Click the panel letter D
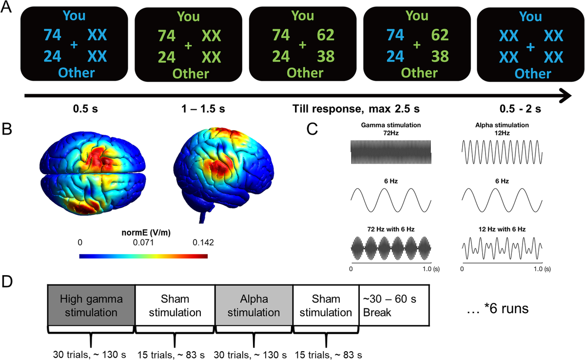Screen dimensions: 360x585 click(8, 283)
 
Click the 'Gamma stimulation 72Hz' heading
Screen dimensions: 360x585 click(391, 129)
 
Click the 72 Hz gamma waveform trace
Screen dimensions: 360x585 click(391, 150)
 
